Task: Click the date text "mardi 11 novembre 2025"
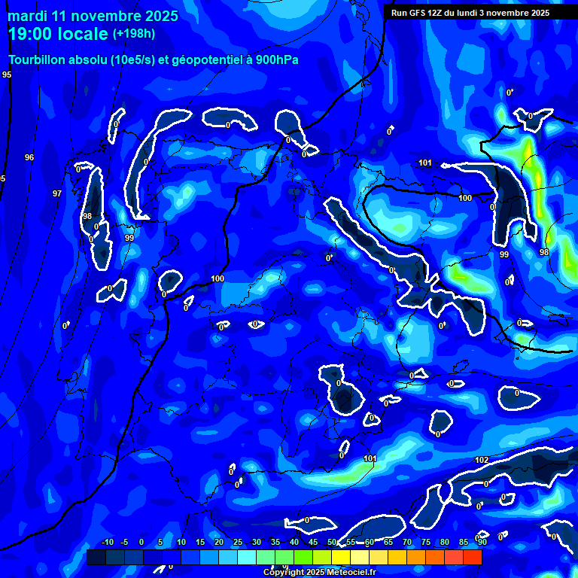pyautogui.click(x=93, y=16)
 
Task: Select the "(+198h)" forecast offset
pyautogui.click(x=134, y=34)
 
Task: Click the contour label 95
pyautogui.click(x=7, y=75)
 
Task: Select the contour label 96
pyautogui.click(x=29, y=157)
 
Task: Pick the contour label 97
pyautogui.click(x=57, y=193)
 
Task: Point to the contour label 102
pyautogui.click(x=482, y=460)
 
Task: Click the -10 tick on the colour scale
pyautogui.click(x=107, y=543)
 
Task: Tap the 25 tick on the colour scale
pyautogui.click(x=238, y=543)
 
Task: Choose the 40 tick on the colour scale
pyautogui.click(x=294, y=543)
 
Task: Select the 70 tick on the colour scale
pyautogui.click(x=407, y=543)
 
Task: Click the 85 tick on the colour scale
pyautogui.click(x=464, y=543)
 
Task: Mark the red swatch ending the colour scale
pyautogui.click(x=472, y=557)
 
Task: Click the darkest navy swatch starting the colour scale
pyautogui.click(x=96, y=557)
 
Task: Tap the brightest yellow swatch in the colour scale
pyautogui.click(x=340, y=557)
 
